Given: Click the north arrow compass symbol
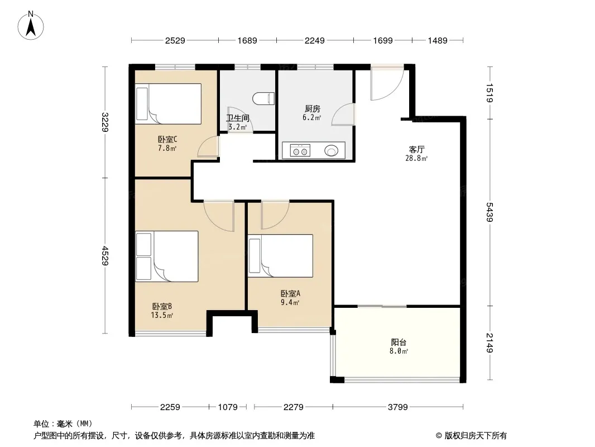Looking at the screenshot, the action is tap(31, 26).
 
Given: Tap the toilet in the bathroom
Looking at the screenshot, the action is tap(263, 99).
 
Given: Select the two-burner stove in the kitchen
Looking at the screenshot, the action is tap(300, 151).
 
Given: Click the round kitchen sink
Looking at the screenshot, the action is tap(331, 151).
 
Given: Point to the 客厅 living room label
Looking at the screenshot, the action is tap(416, 149).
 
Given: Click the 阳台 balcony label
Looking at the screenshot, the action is tap(399, 342).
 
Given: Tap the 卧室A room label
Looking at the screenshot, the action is tap(290, 293).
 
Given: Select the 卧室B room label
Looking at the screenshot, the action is tap(162, 306).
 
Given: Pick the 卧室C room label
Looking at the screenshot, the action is tap(167, 139).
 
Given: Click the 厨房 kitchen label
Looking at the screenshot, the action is tap(313, 109).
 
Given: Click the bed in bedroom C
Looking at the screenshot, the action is tap(169, 104).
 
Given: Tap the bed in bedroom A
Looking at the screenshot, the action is tap(280, 255).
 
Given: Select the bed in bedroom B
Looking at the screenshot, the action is tap(167, 256).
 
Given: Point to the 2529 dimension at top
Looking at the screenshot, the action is tap(175, 40).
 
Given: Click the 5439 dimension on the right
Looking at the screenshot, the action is tap(490, 212).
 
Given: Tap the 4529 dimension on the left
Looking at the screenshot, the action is tap(105, 256).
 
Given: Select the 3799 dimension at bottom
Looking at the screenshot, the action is tap(397, 407).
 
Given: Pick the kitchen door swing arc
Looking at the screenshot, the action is tap(343, 114).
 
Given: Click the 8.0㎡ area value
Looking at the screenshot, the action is tap(399, 351).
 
